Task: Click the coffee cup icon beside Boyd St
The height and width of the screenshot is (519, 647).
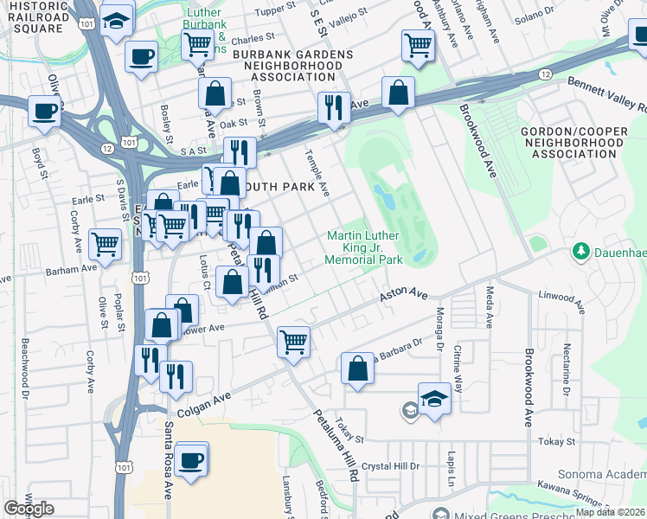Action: tap(44, 111)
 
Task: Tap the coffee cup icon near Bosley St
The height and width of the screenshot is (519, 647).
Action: tap(140, 57)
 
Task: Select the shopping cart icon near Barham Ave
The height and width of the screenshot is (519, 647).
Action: tap(105, 244)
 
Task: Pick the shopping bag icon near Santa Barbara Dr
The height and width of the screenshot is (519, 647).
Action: tap(357, 368)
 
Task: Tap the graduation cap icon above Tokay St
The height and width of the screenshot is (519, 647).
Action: tap(434, 398)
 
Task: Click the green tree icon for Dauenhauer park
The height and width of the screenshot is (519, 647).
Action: tap(582, 252)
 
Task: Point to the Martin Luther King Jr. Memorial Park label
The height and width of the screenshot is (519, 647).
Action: tap(363, 248)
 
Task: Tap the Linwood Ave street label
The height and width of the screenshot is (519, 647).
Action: tap(561, 300)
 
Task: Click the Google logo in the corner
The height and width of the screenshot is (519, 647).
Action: tap(28, 508)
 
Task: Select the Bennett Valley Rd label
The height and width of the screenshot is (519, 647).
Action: tap(606, 95)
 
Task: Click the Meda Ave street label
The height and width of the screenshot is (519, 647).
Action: tap(490, 306)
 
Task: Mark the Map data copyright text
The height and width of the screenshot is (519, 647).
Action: tap(610, 512)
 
